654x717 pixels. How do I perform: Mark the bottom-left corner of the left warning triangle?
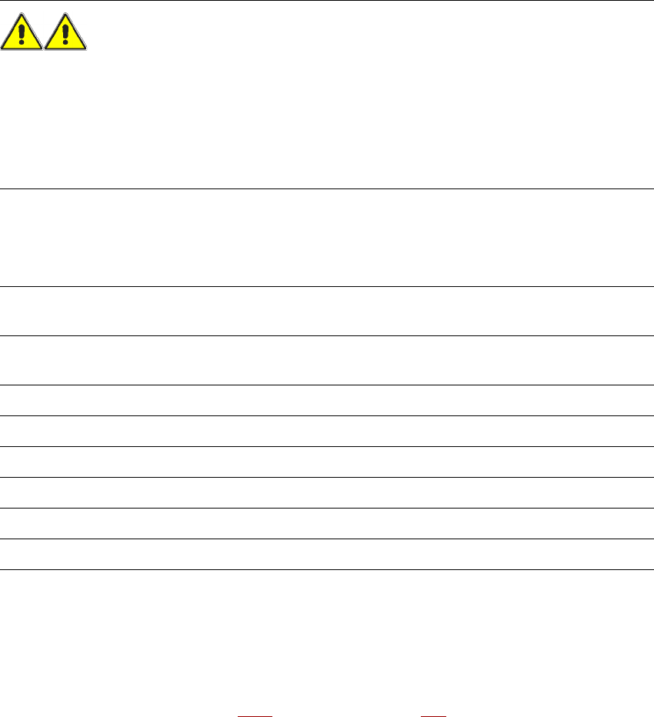tap(2, 51)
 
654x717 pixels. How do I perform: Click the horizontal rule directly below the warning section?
tap(327, 188)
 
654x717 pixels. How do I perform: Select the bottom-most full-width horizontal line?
tap(327, 569)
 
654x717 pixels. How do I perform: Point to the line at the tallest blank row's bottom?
tap(327, 287)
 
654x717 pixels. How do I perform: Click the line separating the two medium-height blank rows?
tap(327, 335)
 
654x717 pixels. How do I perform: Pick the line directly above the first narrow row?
tap(327, 385)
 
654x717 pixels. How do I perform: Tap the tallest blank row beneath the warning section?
tap(327, 238)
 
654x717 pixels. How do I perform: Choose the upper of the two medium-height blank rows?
tap(327, 311)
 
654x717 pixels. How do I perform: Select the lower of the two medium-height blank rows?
tap(327, 360)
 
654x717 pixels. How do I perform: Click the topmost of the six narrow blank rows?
tap(327, 400)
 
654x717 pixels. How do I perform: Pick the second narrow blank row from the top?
tap(327, 431)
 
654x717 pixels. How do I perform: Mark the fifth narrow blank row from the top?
tap(327, 523)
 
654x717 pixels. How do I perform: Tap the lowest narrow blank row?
tap(327, 554)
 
